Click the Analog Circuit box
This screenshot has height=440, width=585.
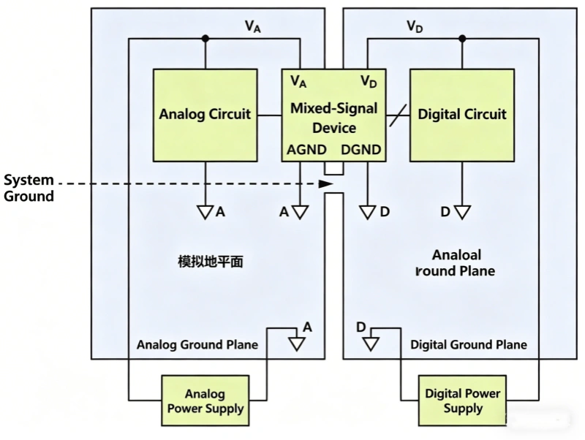click(205, 115)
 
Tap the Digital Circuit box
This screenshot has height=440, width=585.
click(461, 115)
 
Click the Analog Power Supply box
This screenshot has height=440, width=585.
click(205, 401)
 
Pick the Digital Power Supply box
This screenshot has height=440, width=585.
click(462, 401)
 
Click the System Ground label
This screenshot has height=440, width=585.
click(29, 188)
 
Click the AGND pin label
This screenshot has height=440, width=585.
click(303, 150)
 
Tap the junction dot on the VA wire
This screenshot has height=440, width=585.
click(205, 38)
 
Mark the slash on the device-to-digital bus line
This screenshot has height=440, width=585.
click(398, 115)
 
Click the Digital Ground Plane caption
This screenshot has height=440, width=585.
click(469, 344)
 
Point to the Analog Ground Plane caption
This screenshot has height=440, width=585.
click(197, 344)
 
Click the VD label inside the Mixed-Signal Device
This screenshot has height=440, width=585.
click(369, 80)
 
